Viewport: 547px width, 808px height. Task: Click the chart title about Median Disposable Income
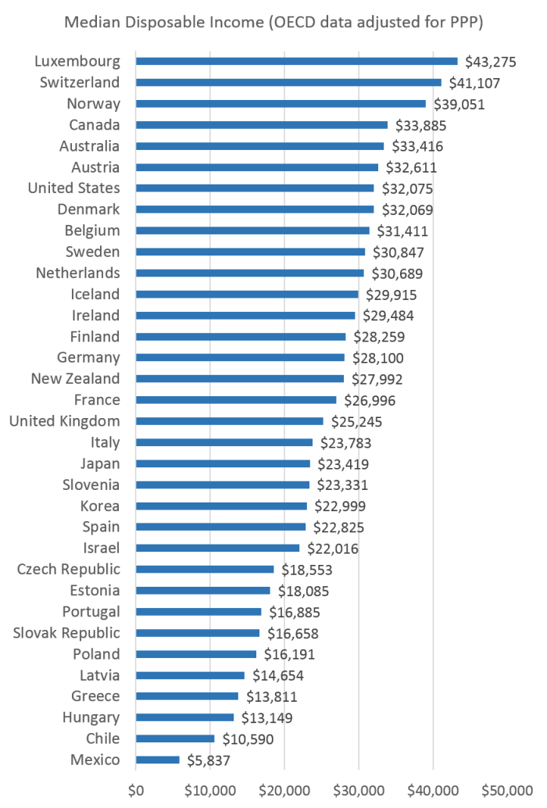pyautogui.click(x=273, y=23)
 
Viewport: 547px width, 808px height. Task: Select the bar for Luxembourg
pyautogui.click(x=296, y=61)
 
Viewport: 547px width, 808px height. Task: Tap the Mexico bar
pyautogui.click(x=157, y=760)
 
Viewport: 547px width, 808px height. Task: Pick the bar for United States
pyautogui.click(x=255, y=188)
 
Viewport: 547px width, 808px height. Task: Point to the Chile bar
pyautogui.click(x=175, y=738)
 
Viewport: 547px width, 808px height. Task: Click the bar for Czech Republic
pyautogui.click(x=205, y=569)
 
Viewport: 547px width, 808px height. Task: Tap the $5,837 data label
pyautogui.click(x=208, y=760)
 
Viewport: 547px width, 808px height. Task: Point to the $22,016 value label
pyautogui.click(x=331, y=549)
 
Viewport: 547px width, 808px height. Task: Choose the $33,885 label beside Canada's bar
pyautogui.click(x=419, y=125)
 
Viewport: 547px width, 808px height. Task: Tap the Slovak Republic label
pyautogui.click(x=66, y=633)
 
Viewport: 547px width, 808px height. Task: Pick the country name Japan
pyautogui.click(x=101, y=463)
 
